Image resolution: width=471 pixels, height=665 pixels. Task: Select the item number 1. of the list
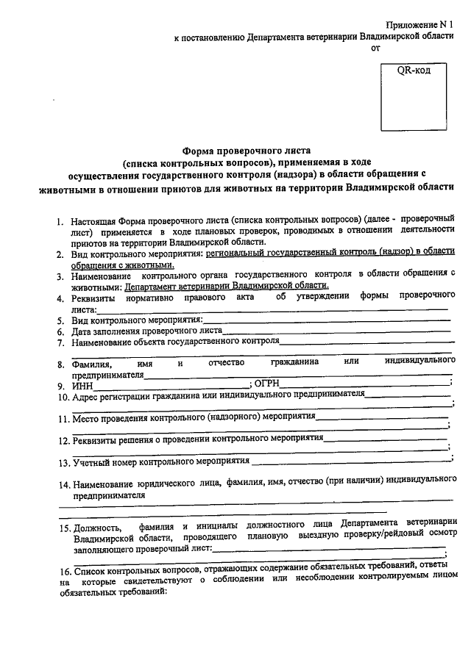[x=61, y=221]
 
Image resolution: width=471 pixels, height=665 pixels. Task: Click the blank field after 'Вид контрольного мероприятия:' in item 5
[x=325, y=321]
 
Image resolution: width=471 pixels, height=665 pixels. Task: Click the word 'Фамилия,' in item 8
[x=91, y=364]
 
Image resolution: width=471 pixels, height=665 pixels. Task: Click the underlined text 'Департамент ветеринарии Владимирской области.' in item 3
[x=227, y=287]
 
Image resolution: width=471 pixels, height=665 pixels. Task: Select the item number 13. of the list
[x=63, y=464]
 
